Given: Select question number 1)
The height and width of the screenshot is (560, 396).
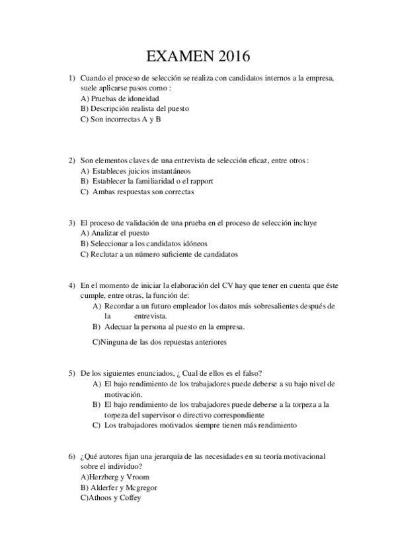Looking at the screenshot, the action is [71, 78].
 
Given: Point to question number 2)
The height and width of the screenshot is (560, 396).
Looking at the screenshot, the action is [71, 160].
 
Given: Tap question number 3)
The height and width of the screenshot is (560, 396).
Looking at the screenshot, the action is [71, 223].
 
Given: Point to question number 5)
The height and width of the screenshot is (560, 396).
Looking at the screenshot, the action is [71, 373].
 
